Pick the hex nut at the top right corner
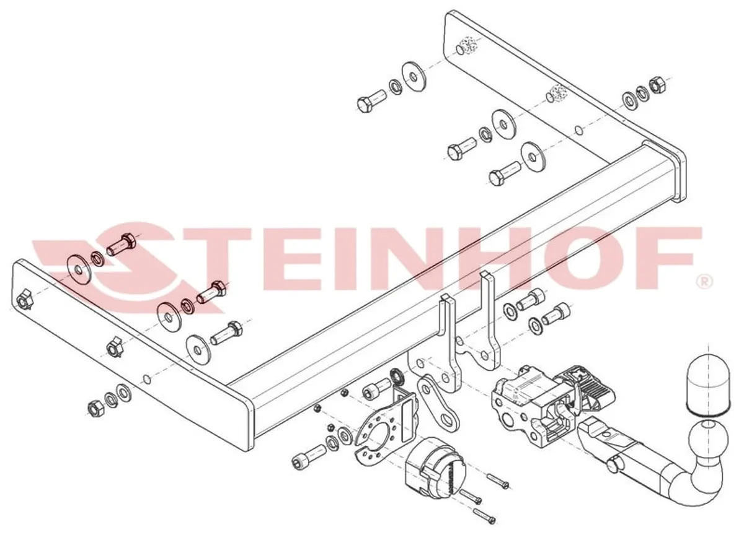[x=657, y=85]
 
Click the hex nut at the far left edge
[x=24, y=301]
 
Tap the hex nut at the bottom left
[x=95, y=408]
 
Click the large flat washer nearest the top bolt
[x=414, y=77]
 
